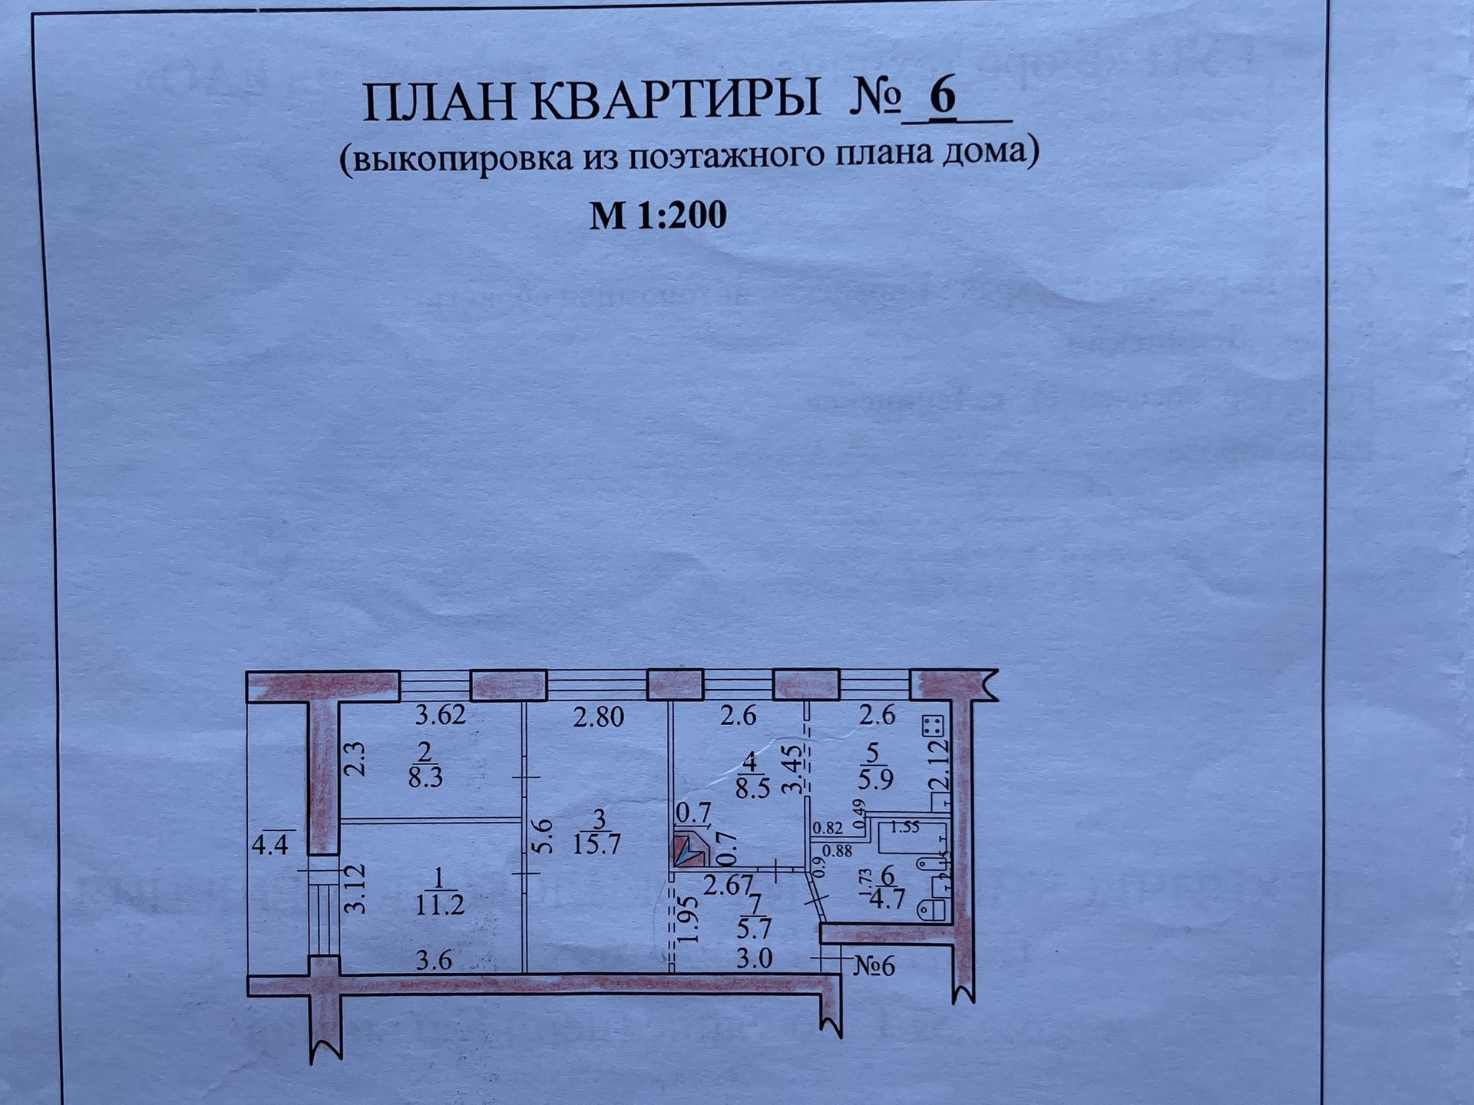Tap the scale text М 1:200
click(658, 216)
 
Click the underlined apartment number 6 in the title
click(944, 97)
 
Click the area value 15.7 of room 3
click(597, 845)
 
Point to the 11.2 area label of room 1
click(440, 905)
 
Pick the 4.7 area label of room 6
click(887, 899)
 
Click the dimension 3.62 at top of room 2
click(441, 715)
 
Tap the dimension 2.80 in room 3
click(599, 717)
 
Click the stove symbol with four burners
click(933, 727)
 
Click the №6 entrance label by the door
click(874, 966)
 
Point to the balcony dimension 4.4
click(270, 846)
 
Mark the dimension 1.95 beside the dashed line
click(689, 919)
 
